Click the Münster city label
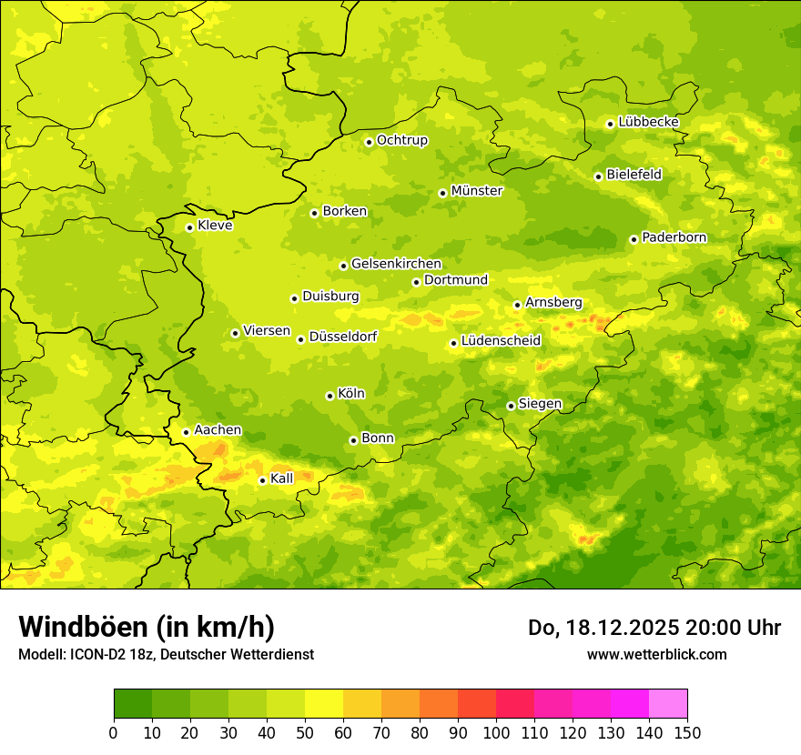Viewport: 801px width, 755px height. tap(476, 191)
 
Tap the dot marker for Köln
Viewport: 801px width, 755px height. tap(330, 396)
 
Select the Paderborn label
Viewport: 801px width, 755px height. tap(674, 237)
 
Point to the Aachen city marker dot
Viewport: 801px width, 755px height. tap(186, 432)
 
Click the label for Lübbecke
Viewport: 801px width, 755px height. tap(648, 122)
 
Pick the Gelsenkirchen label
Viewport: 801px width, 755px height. tap(396, 264)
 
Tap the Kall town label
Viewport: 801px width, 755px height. tap(281, 478)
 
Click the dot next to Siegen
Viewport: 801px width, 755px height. tap(511, 406)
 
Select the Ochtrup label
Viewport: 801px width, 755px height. tap(401, 140)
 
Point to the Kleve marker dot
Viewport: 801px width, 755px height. tap(189, 227)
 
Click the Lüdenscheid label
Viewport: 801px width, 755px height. tap(501, 341)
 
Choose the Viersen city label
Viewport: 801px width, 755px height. tap(266, 331)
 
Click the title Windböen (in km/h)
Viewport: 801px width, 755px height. tap(147, 627)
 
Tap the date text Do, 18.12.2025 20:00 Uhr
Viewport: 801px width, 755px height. tap(654, 628)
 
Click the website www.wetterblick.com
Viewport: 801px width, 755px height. tap(656, 654)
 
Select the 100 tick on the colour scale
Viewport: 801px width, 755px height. tap(496, 732)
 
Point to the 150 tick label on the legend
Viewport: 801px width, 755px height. tap(686, 732)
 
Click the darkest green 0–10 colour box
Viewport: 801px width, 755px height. tap(133, 703)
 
